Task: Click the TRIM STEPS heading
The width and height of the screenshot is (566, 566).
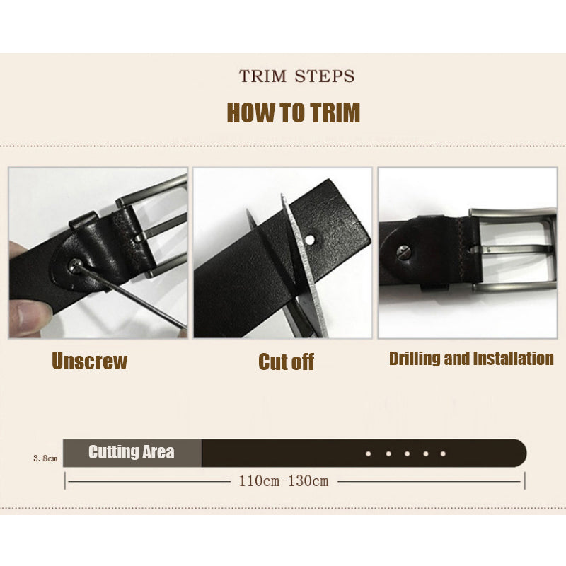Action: point(296,76)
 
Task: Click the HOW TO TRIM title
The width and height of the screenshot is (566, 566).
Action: point(293,113)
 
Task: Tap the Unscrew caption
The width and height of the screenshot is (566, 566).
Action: point(89,362)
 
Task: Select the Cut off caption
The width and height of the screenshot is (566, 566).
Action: point(286,362)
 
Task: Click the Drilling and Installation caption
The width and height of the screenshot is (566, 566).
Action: point(471,359)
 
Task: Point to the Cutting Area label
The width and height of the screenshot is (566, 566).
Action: point(132,453)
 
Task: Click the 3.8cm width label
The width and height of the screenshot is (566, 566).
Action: point(45,458)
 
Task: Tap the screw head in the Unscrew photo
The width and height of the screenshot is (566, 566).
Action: point(76,265)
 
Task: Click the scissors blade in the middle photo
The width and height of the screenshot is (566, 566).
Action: point(306,269)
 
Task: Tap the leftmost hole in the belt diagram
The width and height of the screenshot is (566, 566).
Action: point(369,454)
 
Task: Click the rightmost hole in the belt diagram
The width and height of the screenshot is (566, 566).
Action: point(443,454)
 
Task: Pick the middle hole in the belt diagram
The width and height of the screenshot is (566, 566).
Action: point(406,454)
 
